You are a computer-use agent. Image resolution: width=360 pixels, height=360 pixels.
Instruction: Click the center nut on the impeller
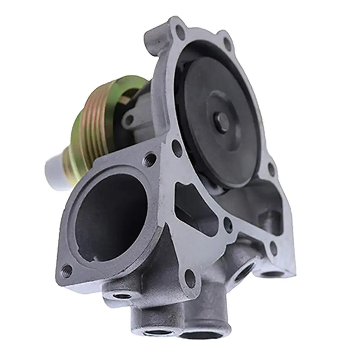[222, 122]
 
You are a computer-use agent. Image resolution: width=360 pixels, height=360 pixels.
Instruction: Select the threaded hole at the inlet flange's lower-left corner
[67, 270]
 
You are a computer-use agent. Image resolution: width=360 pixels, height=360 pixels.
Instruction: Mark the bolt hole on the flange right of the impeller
[271, 169]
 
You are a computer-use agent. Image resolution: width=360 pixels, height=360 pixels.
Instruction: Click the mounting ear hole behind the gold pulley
[130, 119]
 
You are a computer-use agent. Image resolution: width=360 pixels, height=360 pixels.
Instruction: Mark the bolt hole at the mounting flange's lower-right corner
[274, 247]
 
